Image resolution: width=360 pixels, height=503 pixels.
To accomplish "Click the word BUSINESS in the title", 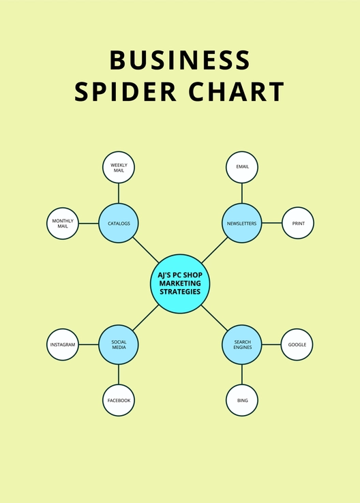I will (179, 60).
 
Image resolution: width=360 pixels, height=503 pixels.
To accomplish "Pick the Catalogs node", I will (119, 224).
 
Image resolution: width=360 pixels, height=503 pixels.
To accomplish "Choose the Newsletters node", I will (241, 224).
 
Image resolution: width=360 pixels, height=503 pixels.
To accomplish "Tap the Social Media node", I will (119, 344).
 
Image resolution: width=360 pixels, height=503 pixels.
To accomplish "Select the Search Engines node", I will (242, 344).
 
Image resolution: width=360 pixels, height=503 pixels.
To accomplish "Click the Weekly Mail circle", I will (119, 168).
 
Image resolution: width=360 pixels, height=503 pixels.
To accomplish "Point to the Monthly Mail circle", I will (63, 224).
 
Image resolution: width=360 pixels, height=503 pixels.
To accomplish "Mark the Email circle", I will (242, 167).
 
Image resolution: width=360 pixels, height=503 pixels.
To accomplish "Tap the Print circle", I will (298, 223).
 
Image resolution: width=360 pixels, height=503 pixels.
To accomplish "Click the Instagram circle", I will (63, 344).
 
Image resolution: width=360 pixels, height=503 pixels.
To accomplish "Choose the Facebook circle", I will (119, 400).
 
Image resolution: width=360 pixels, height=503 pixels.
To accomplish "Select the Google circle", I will (297, 344).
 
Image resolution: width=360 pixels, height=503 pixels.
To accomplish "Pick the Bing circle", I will (242, 400).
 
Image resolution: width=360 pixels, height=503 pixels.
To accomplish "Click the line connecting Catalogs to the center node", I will (146, 250).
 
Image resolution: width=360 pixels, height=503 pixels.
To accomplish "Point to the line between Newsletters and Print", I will (272, 223).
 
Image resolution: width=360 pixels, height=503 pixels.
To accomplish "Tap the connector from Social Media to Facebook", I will (119, 374).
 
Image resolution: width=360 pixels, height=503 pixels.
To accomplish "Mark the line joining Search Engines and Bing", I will (242, 374).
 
